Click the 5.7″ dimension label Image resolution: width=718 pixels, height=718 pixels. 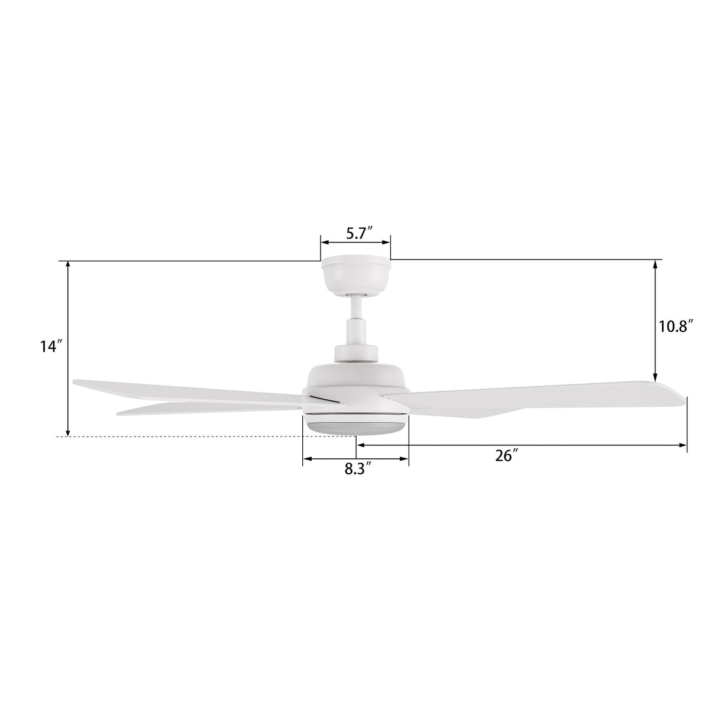point(359,234)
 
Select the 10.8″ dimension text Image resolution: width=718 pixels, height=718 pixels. point(676,327)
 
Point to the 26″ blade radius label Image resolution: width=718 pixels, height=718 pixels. point(507,455)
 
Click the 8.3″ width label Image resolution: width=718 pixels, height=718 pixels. point(358,469)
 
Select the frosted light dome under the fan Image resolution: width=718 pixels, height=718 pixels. point(355,425)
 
